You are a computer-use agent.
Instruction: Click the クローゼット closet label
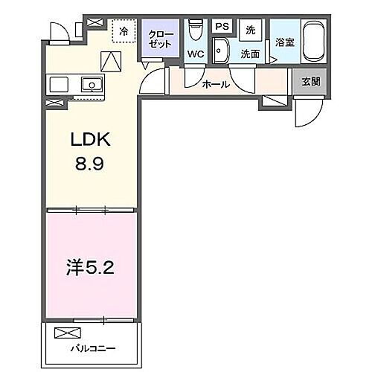click(161, 39)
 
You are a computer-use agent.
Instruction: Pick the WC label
click(196, 54)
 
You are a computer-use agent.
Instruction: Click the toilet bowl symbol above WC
click(196, 30)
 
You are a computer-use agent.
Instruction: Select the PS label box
click(221, 26)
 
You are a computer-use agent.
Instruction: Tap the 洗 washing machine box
click(250, 29)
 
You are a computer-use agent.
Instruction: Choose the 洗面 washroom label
click(249, 54)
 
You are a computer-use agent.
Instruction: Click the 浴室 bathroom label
click(284, 42)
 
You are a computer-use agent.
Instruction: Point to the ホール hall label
click(216, 85)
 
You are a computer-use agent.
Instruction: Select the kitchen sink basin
click(92, 85)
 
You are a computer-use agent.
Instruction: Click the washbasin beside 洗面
click(220, 51)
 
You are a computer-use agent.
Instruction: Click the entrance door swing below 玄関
click(307, 112)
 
